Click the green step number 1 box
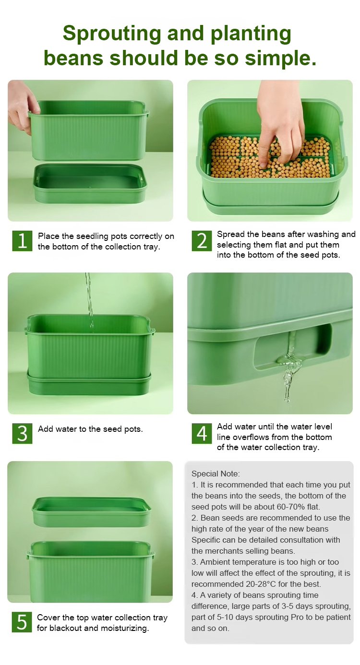(22, 241)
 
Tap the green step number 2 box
(202, 241)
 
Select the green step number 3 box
(22, 433)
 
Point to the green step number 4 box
(202, 433)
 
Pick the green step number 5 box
(22, 622)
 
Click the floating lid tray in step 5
(92, 511)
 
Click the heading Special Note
(216, 474)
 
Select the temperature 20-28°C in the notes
(261, 584)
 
